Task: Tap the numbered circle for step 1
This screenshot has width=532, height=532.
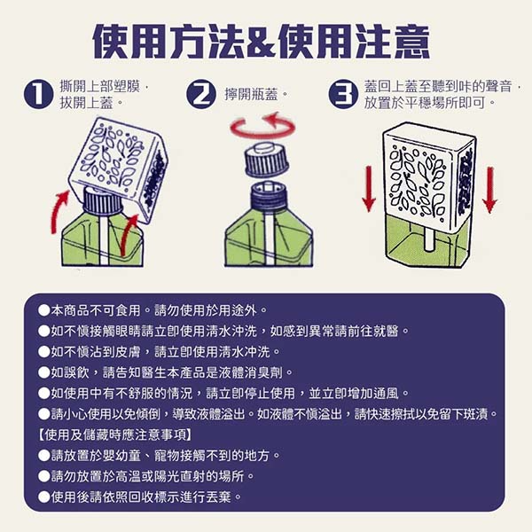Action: coord(38,94)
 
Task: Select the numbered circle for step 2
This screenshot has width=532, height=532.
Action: coord(201,94)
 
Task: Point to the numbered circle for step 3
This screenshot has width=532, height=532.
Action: coord(343,94)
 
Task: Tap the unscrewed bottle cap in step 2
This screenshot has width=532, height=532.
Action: coord(266,159)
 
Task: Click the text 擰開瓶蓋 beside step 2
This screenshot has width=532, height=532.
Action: coord(252,94)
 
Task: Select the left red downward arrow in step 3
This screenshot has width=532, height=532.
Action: coord(369,189)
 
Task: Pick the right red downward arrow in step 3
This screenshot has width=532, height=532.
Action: coord(489,190)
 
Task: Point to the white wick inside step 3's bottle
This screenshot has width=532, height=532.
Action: coord(429,239)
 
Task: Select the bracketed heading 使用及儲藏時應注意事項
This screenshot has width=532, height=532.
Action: coord(114,434)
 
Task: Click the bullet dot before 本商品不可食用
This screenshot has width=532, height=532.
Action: coord(44,310)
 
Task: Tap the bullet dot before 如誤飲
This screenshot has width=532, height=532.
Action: coord(44,372)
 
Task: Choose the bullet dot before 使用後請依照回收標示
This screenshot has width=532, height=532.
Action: coord(44,497)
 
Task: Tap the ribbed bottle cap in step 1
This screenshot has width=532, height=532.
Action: coord(102,201)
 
